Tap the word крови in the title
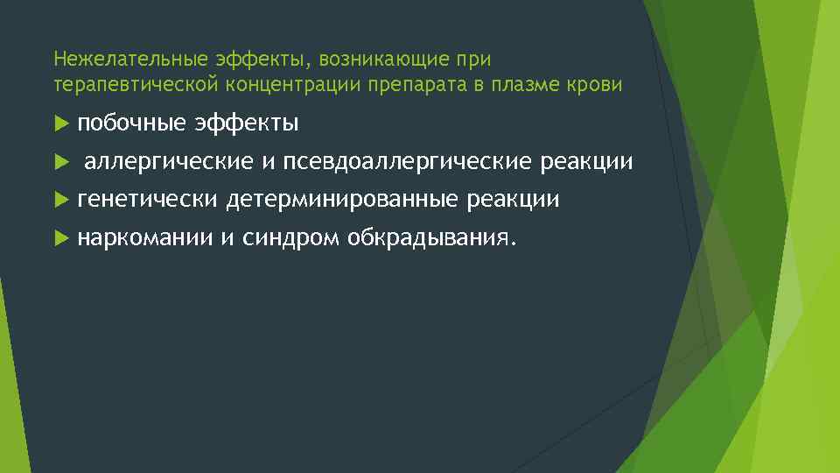[x=598, y=85]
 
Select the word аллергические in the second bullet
[x=168, y=162]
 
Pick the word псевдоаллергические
[x=408, y=162]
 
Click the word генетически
[x=147, y=200]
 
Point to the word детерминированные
[x=342, y=200]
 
